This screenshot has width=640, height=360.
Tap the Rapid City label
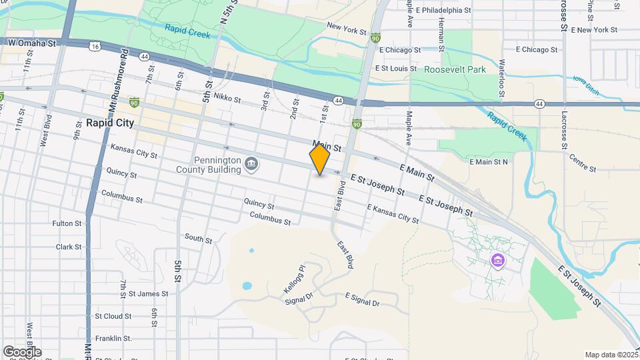coord(110,123)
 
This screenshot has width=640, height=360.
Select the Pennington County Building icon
coord(251,163)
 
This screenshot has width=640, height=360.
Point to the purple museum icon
coord(497,259)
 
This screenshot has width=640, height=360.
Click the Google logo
coord(22,351)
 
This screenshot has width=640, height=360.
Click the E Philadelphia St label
coord(443,11)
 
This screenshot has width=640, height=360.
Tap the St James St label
coord(143,293)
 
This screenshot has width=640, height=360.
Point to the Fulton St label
coord(67,223)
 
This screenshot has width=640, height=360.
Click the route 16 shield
coord(95,46)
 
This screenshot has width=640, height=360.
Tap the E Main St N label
coord(489,161)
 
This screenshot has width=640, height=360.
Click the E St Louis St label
coord(396,68)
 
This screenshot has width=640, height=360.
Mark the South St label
coord(198,237)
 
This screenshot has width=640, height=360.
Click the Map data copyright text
coord(611,355)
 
